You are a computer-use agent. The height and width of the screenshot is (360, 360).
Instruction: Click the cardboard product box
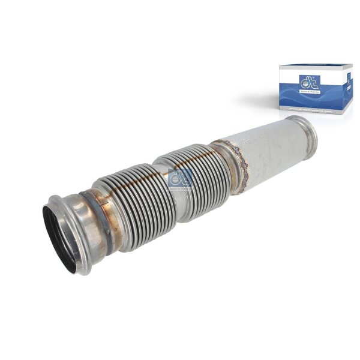point(316,89)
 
